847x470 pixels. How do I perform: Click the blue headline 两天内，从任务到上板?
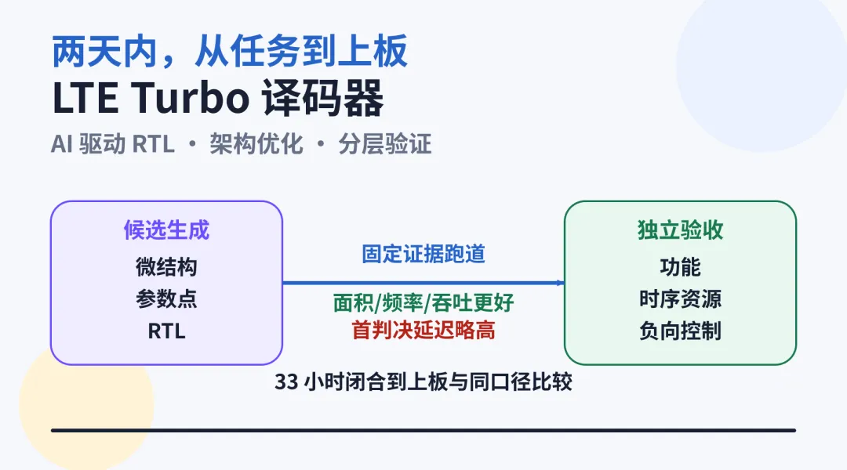tap(230, 52)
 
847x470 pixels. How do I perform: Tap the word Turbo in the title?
tap(190, 98)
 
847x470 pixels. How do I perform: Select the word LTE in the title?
tap(85, 98)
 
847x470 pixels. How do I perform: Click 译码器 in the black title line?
tap(323, 98)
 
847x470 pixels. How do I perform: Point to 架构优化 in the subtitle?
tap(256, 144)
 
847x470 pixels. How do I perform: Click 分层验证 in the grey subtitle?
tap(385, 144)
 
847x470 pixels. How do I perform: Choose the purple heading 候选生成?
tap(166, 230)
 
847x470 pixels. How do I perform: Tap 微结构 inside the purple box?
tap(166, 266)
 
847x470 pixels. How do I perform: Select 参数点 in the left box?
tap(166, 298)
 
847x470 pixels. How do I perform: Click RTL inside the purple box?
tap(166, 331)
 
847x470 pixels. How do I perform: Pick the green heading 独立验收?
tap(681, 230)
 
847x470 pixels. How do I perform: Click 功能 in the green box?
tap(681, 266)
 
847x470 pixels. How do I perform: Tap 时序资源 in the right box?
tap(681, 298)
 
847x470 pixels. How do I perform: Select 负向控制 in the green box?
tap(681, 331)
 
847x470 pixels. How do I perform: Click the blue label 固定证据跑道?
tap(423, 254)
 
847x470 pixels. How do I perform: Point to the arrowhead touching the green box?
tap(561, 282)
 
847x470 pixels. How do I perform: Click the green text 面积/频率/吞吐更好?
tap(423, 302)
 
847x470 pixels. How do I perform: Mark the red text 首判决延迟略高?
tap(423, 330)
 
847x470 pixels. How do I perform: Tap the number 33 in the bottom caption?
tap(286, 382)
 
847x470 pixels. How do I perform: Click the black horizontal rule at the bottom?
tap(423, 430)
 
